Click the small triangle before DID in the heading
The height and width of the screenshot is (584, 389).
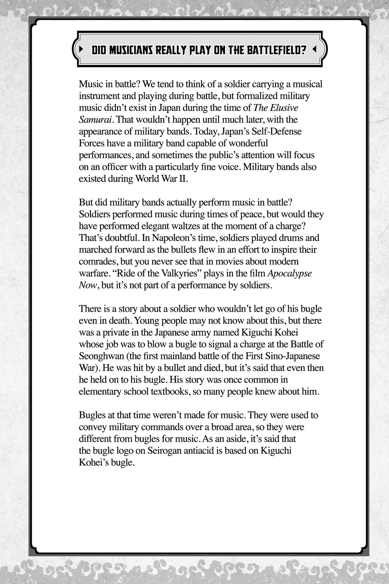coord(81,50)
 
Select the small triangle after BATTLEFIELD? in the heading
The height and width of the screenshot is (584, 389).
coord(314,50)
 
